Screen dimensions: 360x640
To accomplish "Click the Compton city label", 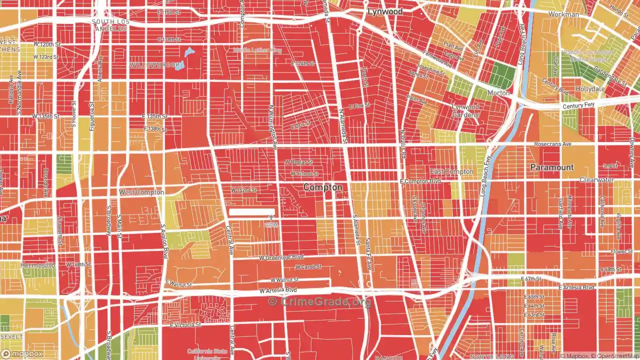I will click(x=323, y=187).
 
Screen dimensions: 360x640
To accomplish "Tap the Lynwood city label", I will click(x=385, y=11).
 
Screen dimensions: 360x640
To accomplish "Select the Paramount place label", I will click(x=552, y=167).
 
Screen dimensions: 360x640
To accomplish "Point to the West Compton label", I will click(x=141, y=192).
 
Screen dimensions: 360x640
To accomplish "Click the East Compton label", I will click(x=451, y=172).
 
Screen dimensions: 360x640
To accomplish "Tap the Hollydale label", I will click(x=590, y=89).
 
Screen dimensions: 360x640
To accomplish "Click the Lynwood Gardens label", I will click(x=465, y=110).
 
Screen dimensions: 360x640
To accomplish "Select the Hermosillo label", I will click(x=37, y=265).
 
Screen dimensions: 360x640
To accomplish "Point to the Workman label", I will click(x=563, y=14).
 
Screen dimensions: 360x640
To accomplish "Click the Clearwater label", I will click(x=596, y=180).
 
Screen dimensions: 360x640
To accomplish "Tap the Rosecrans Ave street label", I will click(x=552, y=144).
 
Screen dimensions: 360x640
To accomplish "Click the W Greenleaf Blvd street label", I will click(x=281, y=257).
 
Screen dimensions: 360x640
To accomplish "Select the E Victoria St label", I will click(x=185, y=325).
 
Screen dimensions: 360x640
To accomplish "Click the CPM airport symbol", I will click(x=270, y=217).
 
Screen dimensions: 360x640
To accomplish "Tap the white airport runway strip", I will click(x=252, y=212).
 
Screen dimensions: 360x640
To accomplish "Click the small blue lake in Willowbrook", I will click(x=188, y=52).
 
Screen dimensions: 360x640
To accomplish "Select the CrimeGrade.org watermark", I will click(x=320, y=302).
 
